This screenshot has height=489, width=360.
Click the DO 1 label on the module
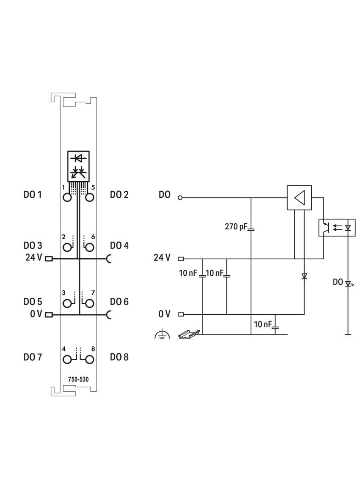pyautogui.click(x=33, y=195)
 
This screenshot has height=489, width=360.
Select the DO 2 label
pyautogui.click(x=119, y=195)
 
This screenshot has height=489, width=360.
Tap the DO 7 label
pyautogui.click(x=33, y=357)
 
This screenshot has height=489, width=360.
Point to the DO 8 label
pyautogui.click(x=119, y=357)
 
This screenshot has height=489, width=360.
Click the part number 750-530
pyautogui.click(x=79, y=379)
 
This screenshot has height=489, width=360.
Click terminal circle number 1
pyautogui.click(x=67, y=198)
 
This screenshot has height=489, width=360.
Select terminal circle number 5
pyautogui.click(x=90, y=198)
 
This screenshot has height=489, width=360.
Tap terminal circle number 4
pyautogui.click(x=67, y=360)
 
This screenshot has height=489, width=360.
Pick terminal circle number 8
pyautogui.click(x=90, y=360)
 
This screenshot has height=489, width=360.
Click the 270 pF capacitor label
pyautogui.click(x=236, y=227)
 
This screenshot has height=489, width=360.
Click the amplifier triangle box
pyautogui.click(x=299, y=198)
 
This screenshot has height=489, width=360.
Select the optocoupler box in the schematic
pyautogui.click(x=337, y=228)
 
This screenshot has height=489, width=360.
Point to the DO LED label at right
pyautogui.click(x=337, y=282)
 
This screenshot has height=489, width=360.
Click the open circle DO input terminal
pyautogui.click(x=180, y=198)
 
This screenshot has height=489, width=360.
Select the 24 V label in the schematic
pyautogui.click(x=162, y=258)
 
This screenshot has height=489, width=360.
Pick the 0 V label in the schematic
pyautogui.click(x=164, y=314)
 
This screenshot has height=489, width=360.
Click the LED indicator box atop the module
pyautogui.click(x=79, y=166)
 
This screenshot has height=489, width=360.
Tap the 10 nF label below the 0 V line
pyautogui.click(x=263, y=324)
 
